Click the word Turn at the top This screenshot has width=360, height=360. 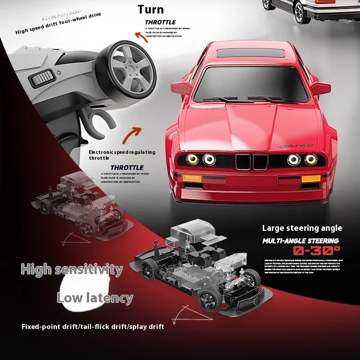pyautogui.click(x=150, y=9)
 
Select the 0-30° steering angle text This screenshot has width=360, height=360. pyautogui.click(x=317, y=251)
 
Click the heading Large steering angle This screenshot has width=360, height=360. pyautogui.click(x=302, y=228)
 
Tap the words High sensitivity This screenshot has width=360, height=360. pyautogui.click(x=72, y=270)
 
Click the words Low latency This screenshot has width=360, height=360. pyautogui.click(x=94, y=298)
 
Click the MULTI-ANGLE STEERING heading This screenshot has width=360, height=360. pyautogui.click(x=301, y=241)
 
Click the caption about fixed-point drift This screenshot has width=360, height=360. pyautogui.click(x=93, y=326)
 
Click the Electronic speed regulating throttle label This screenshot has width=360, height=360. pyautogui.click(x=121, y=155)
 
